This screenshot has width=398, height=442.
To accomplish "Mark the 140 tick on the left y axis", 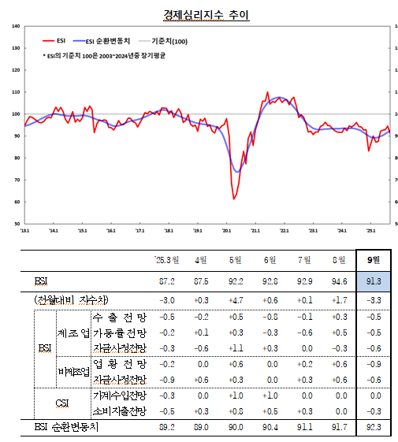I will point(17,27).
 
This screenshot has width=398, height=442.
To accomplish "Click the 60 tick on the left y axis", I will point(17,202).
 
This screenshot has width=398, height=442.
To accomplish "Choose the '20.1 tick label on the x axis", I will point(226,232).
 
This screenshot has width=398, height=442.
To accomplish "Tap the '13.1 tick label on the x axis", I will point(25,232).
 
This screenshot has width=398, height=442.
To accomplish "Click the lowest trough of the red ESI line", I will point(234,199).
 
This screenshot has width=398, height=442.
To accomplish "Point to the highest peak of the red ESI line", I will point(267,92).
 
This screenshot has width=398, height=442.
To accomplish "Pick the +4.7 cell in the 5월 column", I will point(233,300).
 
